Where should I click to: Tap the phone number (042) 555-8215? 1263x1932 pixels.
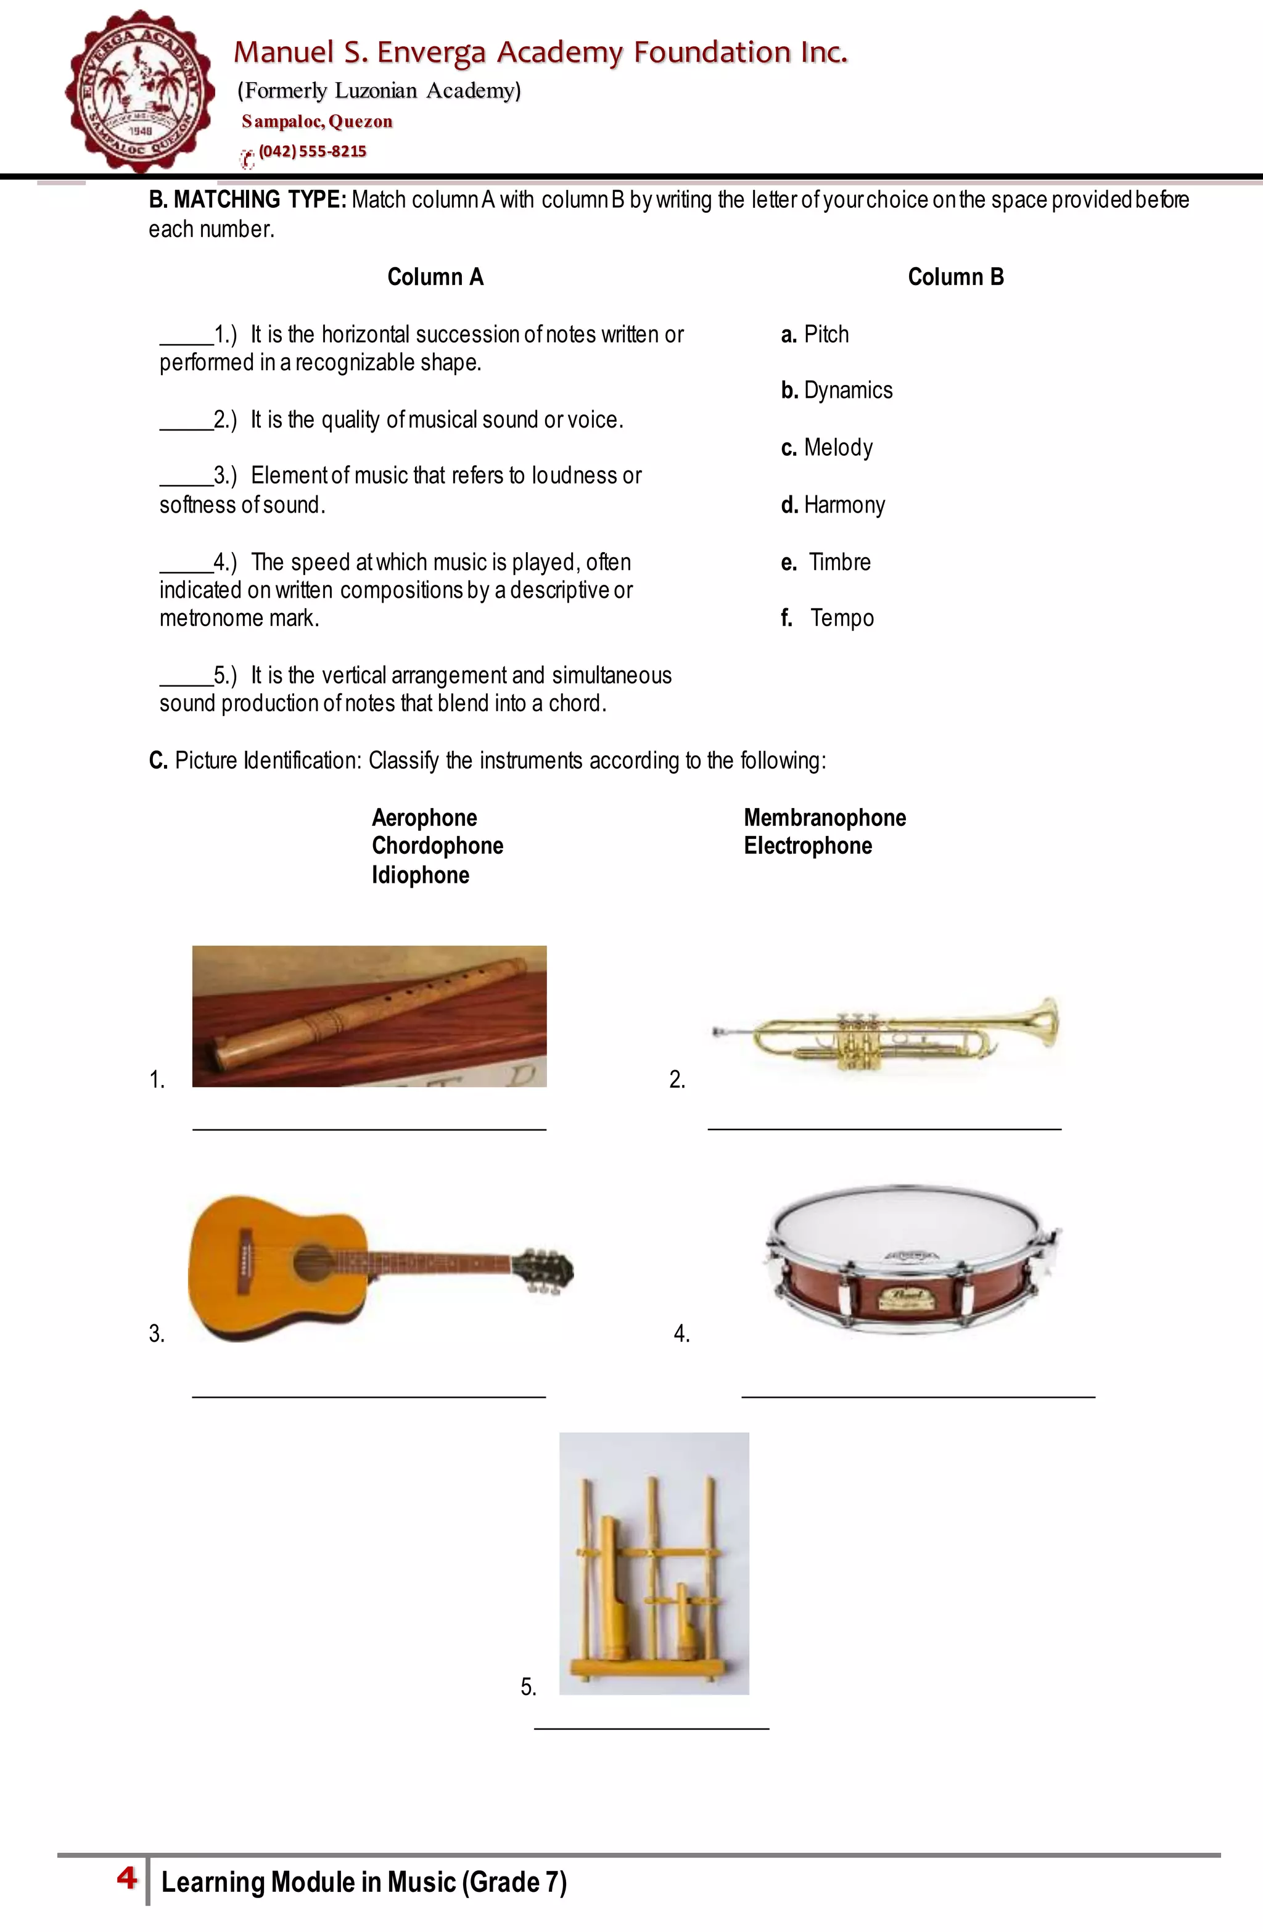point(313,152)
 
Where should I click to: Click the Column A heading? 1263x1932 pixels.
point(435,277)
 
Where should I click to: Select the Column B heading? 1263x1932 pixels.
point(955,277)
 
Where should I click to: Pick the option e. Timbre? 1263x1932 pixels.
point(826,562)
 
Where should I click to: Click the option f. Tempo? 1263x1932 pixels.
point(828,619)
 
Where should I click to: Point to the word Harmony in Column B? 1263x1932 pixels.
point(844,505)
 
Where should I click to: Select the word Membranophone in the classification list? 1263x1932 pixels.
point(825,817)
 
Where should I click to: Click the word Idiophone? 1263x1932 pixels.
point(421,875)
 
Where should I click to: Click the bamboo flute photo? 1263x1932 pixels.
point(369,1017)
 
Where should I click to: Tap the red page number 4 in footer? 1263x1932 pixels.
point(126,1878)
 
